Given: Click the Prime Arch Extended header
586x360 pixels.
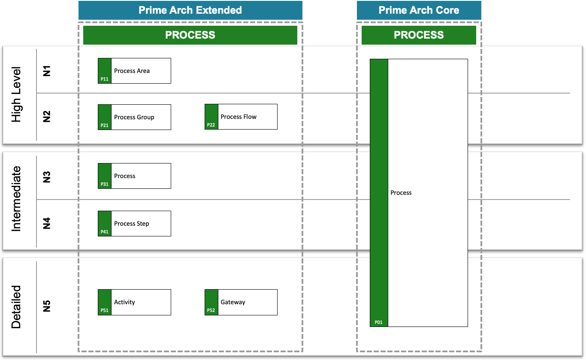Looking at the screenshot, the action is coord(190,10).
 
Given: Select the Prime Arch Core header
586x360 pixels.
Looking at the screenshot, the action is coord(419,10).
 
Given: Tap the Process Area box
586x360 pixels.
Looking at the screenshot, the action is coord(134,71).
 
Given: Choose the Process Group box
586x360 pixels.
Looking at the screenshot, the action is coord(134,117).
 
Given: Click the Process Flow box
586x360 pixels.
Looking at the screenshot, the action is coord(241,117).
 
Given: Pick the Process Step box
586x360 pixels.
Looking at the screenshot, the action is coord(134,224).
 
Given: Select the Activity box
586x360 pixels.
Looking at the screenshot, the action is coord(134,302).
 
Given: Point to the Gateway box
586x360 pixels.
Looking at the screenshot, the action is coord(241,302).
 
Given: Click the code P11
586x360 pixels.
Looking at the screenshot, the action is coord(104,79).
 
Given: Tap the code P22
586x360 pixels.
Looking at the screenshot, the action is coord(211,125).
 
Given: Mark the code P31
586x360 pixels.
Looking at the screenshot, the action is coord(104,184).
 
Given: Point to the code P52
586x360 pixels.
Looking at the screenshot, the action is coord(211,311).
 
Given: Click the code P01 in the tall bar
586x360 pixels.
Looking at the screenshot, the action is coord(378,322).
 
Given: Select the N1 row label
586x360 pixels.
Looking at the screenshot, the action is coord(47,71).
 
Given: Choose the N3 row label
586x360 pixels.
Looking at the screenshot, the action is coord(47,177).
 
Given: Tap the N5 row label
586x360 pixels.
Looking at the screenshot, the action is coord(47,306).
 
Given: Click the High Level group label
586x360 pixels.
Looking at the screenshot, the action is coord(16,95).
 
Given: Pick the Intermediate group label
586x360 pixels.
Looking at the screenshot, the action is coord(16,199).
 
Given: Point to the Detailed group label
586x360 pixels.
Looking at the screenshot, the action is coord(16,307).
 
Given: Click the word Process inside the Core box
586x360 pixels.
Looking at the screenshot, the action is coord(401,193).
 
